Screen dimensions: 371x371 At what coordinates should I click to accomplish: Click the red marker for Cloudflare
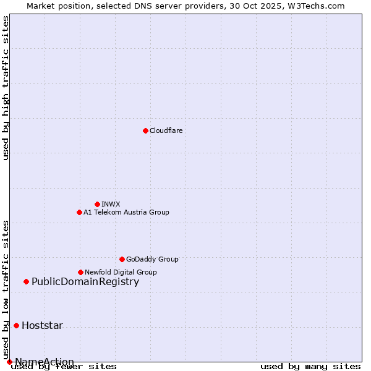pyautogui.click(x=145, y=130)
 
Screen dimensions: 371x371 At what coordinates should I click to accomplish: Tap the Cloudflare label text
pyautogui.click(x=166, y=130)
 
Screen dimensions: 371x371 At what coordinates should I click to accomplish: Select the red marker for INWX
pyautogui.click(x=97, y=204)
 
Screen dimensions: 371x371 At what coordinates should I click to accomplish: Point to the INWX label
pyautogui.click(x=111, y=204)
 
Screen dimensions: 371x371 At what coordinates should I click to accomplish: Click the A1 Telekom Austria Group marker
pyautogui.click(x=79, y=212)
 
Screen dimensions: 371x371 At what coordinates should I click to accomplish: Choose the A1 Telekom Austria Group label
pyautogui.click(x=126, y=212)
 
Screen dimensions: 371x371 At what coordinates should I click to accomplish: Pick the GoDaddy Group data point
pyautogui.click(x=122, y=259)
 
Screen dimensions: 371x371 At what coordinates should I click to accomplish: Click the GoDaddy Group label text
pyautogui.click(x=152, y=259)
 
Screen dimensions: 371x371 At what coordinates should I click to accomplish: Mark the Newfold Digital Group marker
pyautogui.click(x=80, y=272)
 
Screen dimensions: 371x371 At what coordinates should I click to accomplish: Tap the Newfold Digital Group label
pyautogui.click(x=121, y=272)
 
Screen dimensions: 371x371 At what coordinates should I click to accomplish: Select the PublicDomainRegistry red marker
pyautogui.click(x=26, y=282)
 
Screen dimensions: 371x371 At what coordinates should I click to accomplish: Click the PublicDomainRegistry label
pyautogui.click(x=85, y=282)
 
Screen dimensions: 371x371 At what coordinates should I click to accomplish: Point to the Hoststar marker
pyautogui.click(x=16, y=325)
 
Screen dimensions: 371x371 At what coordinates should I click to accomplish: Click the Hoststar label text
pyautogui.click(x=42, y=326)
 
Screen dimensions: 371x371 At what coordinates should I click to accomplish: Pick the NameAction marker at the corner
pyautogui.click(x=9, y=362)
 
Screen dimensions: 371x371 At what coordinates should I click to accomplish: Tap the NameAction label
pyautogui.click(x=45, y=362)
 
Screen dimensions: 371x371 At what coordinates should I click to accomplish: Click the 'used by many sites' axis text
pyautogui.click(x=310, y=367)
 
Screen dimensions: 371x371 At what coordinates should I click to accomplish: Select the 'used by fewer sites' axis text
pyautogui.click(x=64, y=367)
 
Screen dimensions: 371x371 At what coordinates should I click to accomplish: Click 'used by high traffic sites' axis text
pyautogui.click(x=6, y=88)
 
